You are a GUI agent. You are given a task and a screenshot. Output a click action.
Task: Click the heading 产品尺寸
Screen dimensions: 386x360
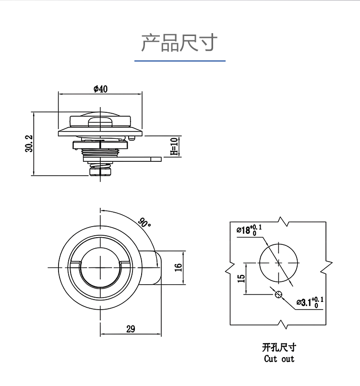point(180,43)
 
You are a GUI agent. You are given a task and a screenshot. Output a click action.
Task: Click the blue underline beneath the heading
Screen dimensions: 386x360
point(180,61)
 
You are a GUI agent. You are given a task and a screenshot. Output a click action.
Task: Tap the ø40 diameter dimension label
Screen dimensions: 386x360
point(100,88)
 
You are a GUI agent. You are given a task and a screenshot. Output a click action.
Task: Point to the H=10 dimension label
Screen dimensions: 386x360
point(174,146)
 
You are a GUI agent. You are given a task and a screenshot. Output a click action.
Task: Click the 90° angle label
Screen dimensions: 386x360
point(144,223)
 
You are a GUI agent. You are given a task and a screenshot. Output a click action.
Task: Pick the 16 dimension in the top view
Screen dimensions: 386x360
point(179,267)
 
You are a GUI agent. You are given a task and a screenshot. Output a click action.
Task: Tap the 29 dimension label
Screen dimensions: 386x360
point(130,329)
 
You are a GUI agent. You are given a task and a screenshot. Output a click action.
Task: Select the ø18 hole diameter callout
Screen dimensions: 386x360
point(249,229)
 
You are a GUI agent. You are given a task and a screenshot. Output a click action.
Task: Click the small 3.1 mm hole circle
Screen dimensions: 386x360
point(278,294)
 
